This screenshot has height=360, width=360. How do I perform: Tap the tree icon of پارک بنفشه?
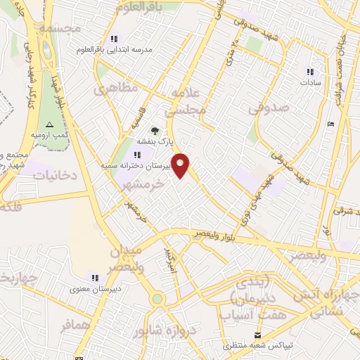coord(155,130)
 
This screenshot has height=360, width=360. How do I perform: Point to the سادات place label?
coord(309,82)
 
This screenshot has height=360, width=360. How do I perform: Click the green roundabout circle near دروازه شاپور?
coord(157,299)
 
